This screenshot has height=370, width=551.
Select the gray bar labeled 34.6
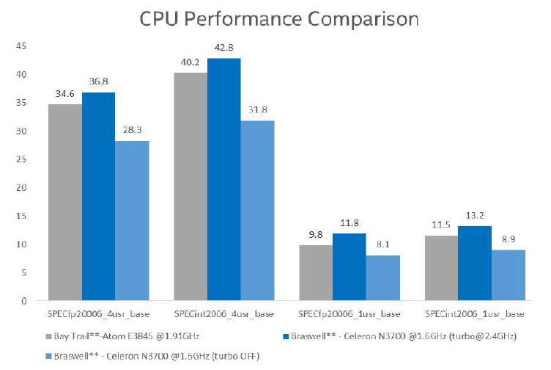[65, 202]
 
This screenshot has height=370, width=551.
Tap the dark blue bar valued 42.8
[223, 179]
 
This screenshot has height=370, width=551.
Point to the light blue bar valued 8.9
[509, 275]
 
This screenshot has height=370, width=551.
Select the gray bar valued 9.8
[315, 272]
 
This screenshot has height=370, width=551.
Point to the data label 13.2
[474, 217]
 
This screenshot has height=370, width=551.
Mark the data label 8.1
[382, 245]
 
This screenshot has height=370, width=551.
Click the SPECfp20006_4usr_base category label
[82, 314]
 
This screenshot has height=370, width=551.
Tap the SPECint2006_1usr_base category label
[475, 314]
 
